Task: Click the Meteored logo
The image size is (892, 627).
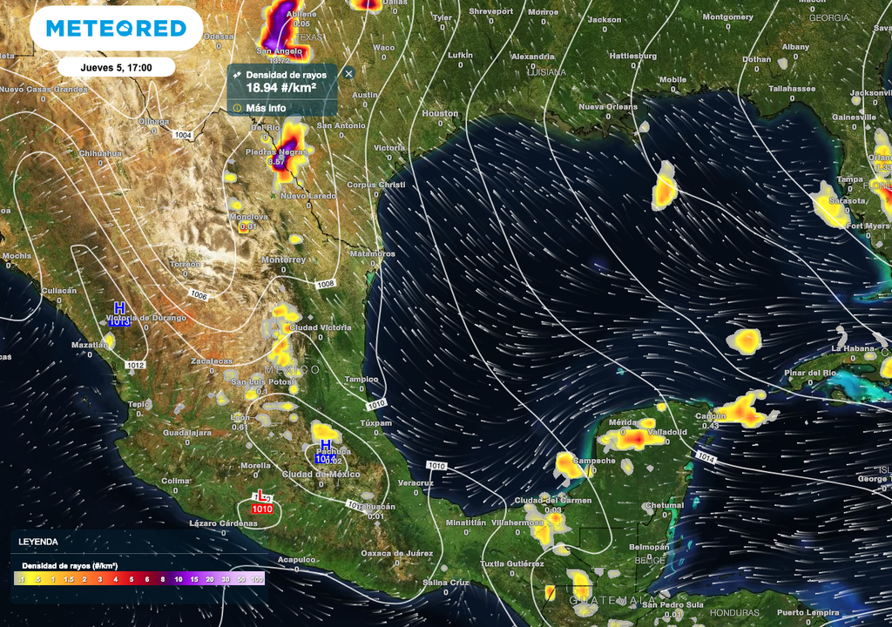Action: tap(116, 28)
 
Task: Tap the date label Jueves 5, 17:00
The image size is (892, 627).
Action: tap(117, 67)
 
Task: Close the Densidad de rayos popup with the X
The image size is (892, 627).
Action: tap(348, 73)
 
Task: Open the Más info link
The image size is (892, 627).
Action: tap(265, 107)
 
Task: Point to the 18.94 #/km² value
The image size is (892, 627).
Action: tap(280, 87)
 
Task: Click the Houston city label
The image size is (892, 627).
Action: tap(440, 113)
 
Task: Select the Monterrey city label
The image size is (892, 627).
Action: tap(283, 260)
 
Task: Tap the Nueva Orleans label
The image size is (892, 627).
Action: tap(608, 107)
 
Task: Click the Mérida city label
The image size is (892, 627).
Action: tap(622, 422)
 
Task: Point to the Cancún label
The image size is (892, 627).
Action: tap(711, 416)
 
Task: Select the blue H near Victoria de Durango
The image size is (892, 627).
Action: tap(119, 308)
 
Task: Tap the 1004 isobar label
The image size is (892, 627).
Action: tap(182, 135)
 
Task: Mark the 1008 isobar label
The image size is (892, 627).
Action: tap(325, 284)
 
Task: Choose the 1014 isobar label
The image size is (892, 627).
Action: tap(706, 458)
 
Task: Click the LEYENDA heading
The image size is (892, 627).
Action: tap(38, 542)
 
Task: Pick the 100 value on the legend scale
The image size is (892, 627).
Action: tap(257, 578)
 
